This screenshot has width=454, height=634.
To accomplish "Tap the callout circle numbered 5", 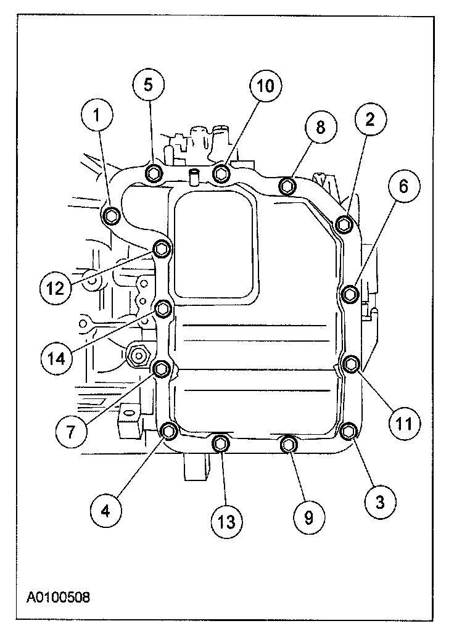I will tap(149, 84).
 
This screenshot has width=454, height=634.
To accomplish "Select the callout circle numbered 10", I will tap(265, 86).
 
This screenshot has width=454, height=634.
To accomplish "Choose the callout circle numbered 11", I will tap(404, 423).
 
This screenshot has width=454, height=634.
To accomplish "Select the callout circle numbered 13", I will tap(226, 522).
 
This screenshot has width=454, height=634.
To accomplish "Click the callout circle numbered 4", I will tap(105, 510).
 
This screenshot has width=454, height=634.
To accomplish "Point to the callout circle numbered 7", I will tap(70, 431).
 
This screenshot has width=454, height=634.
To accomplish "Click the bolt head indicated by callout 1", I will tap(112, 215).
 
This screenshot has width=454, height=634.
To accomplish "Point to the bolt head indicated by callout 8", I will tap(287, 185).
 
